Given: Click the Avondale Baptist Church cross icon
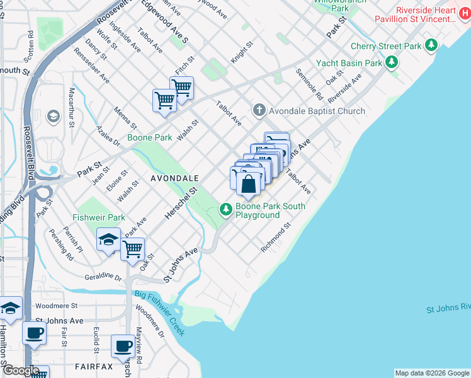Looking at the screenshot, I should pyautogui.click(x=259, y=110).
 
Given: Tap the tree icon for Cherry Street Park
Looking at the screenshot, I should pyautogui.click(x=431, y=46).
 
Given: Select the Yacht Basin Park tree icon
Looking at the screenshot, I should pyautogui.click(x=392, y=62).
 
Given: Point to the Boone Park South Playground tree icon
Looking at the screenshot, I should pyautogui.click(x=225, y=209).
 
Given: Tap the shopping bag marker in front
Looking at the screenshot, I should pyautogui.click(x=249, y=183).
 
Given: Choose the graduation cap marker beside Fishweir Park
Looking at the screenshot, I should pyautogui.click(x=108, y=240).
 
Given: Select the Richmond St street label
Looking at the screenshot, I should pyautogui.click(x=276, y=238).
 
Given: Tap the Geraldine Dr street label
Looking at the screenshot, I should pyautogui.click(x=103, y=277).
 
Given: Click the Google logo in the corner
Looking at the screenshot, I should pyautogui.click(x=21, y=371).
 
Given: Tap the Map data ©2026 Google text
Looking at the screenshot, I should pyautogui.click(x=432, y=373).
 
